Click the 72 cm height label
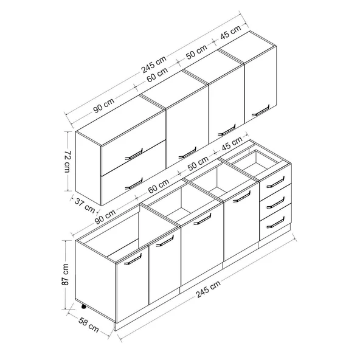[67, 161]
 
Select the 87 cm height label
[65, 275]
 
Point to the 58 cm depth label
[88, 325]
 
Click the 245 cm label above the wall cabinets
[154, 64]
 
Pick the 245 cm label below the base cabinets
[208, 289]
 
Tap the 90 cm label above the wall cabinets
[104, 106]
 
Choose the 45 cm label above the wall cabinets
[230, 32]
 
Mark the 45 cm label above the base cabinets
[232, 144]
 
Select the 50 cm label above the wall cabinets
[196, 52]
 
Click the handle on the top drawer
[275, 182]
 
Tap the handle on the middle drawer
[275, 202]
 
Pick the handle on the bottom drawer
[275, 223]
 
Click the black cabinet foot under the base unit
[83, 306]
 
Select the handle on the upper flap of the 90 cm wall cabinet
[134, 154]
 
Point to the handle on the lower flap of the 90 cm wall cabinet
[134, 184]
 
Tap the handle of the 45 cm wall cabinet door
[261, 111]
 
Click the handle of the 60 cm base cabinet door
[202, 219]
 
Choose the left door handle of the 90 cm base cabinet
[133, 259]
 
